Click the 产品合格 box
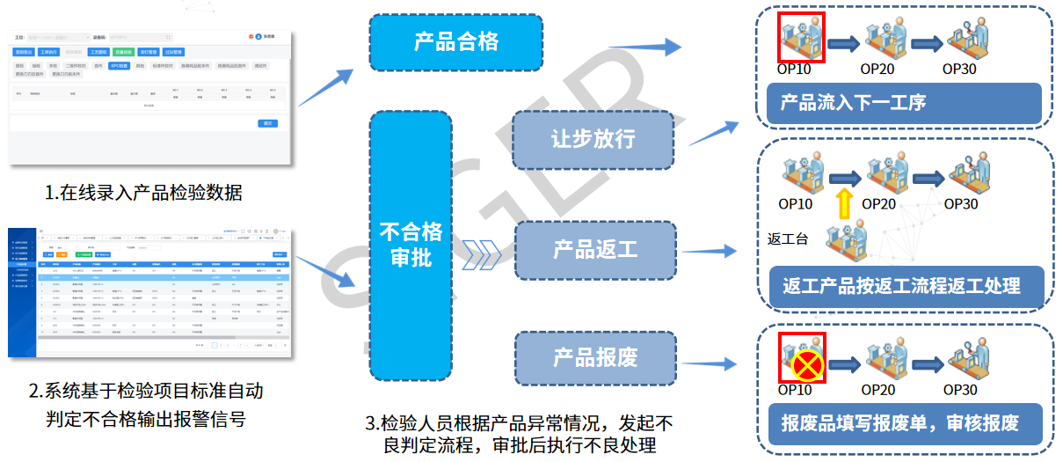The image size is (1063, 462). pos(456,42)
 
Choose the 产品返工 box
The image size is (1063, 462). pos(594,250)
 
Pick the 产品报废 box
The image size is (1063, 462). pos(594,357)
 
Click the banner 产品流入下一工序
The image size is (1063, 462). pos(904,103)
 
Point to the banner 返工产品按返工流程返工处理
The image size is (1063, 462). pos(904,286)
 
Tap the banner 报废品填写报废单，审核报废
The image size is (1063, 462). pos(904,422)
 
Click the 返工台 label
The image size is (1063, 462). pos(786,239)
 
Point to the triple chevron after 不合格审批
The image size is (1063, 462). pos(484,253)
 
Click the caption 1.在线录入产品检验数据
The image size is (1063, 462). pos(144,192)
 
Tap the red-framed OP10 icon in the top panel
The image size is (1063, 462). pos(801,37)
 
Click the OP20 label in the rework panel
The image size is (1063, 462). pos(878,204)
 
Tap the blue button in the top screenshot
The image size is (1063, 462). pos(268,123)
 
